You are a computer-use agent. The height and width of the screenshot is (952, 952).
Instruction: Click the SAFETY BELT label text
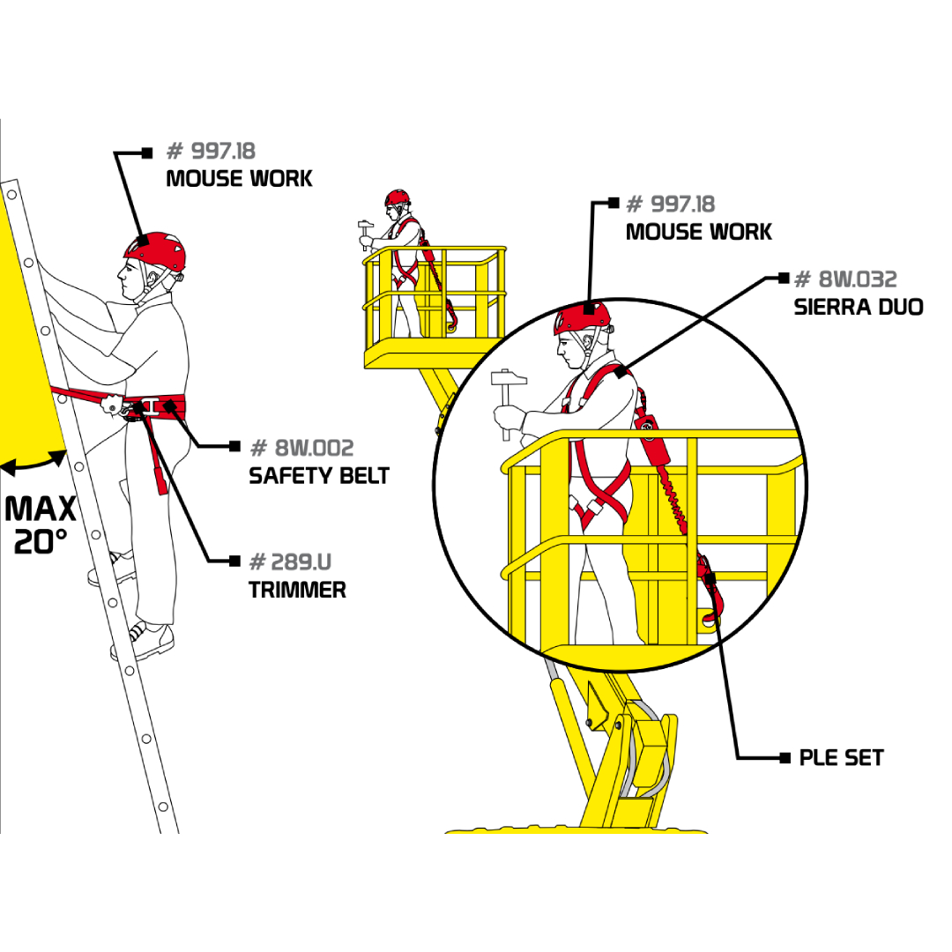pyautogui.click(x=319, y=475)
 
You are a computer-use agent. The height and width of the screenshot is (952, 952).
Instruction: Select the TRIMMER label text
pyautogui.click(x=297, y=590)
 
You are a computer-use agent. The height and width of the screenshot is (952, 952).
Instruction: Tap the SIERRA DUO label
pyautogui.click(x=858, y=307)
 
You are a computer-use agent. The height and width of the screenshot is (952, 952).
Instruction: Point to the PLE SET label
pyautogui.click(x=841, y=758)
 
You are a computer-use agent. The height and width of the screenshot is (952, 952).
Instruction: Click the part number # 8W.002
pyautogui.click(x=301, y=448)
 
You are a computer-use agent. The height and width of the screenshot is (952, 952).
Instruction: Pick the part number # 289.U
pyautogui.click(x=290, y=562)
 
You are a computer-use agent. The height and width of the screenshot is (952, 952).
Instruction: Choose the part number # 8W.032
pyautogui.click(x=845, y=279)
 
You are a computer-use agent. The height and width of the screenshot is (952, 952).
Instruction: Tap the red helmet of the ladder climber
pyautogui.click(x=155, y=250)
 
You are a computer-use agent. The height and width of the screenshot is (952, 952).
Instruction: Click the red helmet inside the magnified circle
pyautogui.click(x=582, y=317)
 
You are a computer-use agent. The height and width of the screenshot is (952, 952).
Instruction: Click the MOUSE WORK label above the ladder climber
pyautogui.click(x=239, y=178)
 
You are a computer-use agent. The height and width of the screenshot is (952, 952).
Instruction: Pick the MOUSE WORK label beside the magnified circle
pyautogui.click(x=699, y=231)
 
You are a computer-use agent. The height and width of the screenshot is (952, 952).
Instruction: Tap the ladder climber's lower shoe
pyautogui.click(x=144, y=642)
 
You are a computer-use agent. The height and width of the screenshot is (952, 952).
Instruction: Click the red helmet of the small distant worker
pyautogui.click(x=397, y=197)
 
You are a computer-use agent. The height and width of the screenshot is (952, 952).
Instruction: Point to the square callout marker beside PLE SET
pyautogui.click(x=785, y=758)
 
